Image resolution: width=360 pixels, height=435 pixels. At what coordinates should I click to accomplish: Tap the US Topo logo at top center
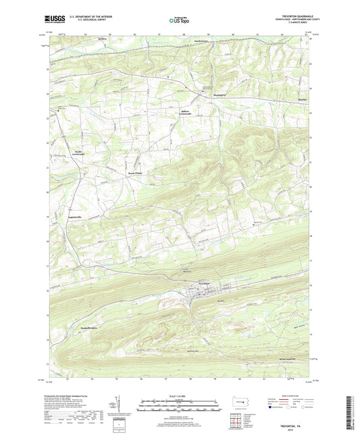[x=179, y=20]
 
